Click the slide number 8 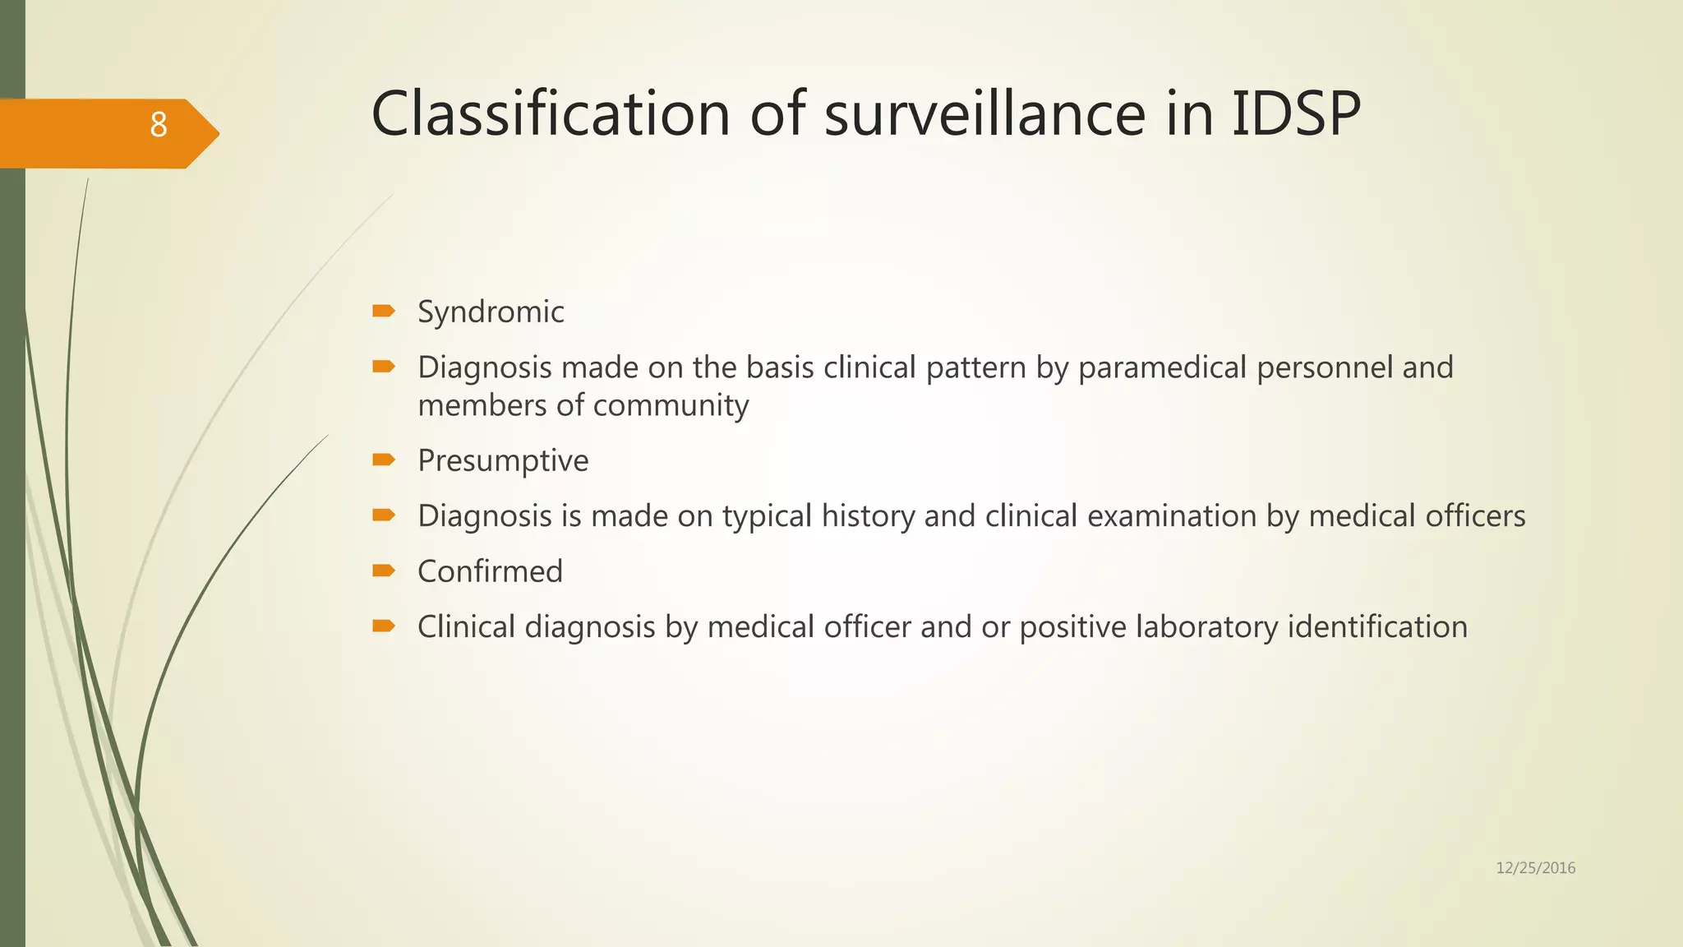point(158,126)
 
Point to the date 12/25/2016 point(1535,868)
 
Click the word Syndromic point(491,312)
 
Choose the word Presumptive point(503,461)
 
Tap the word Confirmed point(490,571)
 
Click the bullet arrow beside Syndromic point(384,311)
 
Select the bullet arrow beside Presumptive point(384,460)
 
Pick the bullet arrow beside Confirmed point(384,571)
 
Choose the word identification point(1377,627)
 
